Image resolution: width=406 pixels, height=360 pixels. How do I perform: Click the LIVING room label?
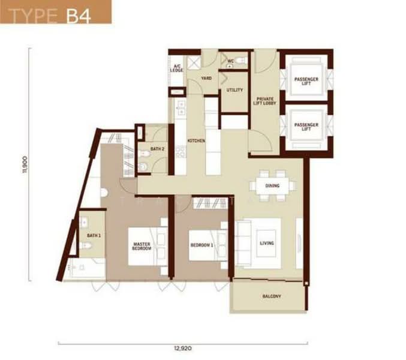[266, 243]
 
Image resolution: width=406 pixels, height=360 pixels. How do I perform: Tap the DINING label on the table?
[272, 185]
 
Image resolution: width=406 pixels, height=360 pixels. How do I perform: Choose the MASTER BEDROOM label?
[142, 246]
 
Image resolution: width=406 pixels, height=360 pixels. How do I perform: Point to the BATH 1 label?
[94, 236]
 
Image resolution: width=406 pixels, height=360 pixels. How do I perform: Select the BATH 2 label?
[157, 149]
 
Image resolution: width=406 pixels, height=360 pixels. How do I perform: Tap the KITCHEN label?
[196, 140]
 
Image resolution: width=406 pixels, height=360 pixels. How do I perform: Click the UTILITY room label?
[234, 91]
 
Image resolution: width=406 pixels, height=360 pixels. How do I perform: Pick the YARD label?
[206, 79]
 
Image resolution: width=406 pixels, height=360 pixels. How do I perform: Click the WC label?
[231, 61]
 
